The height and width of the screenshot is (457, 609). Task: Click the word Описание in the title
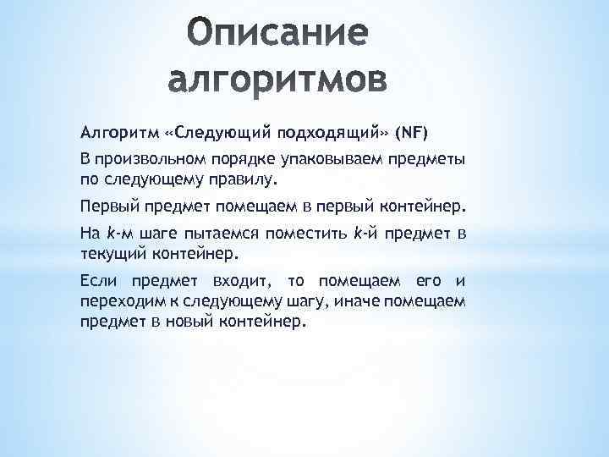pos(276,36)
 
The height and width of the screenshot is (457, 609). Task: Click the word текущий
pos(112,253)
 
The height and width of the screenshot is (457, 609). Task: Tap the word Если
pos(101,280)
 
